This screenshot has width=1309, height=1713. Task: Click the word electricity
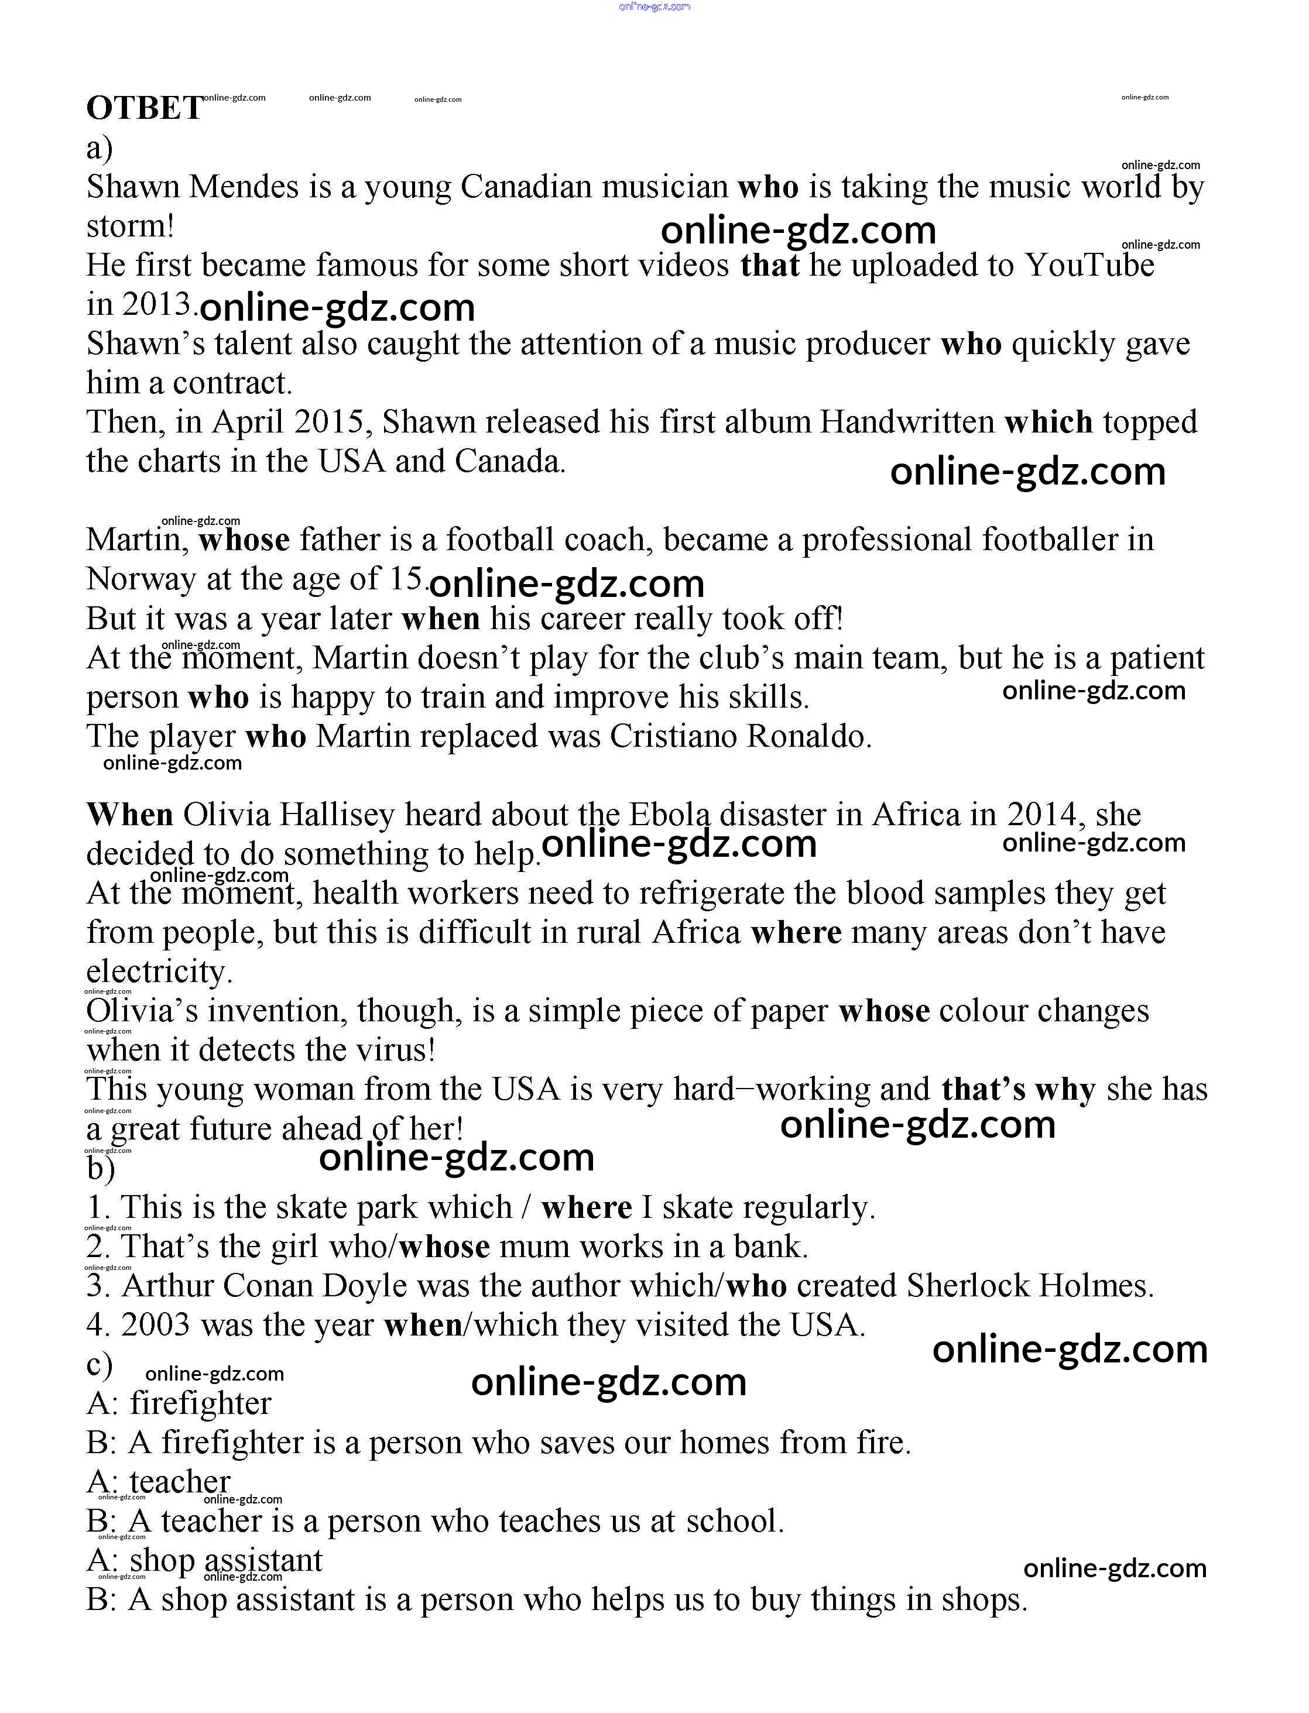159,972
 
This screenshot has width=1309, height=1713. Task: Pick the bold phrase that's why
1019,1089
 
